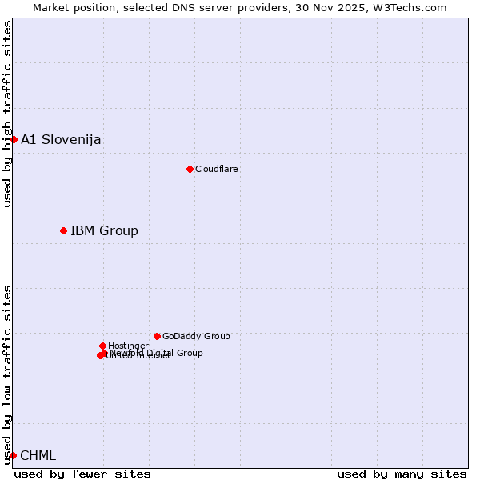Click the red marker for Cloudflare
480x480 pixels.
click(190, 169)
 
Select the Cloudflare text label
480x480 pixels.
click(217, 169)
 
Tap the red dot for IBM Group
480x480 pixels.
click(63, 231)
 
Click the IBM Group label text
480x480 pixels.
click(104, 231)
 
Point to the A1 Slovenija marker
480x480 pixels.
click(14, 140)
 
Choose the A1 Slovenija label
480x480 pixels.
click(61, 140)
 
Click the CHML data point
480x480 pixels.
click(13, 456)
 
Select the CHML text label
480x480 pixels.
click(38, 456)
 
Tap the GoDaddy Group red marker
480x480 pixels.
click(157, 336)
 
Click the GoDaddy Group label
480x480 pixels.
click(196, 336)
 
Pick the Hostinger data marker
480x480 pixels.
click(102, 346)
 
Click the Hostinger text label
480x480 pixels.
click(128, 346)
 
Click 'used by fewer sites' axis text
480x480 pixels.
click(82, 474)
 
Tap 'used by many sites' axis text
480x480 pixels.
click(402, 474)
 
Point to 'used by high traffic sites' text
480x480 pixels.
click(7, 114)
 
